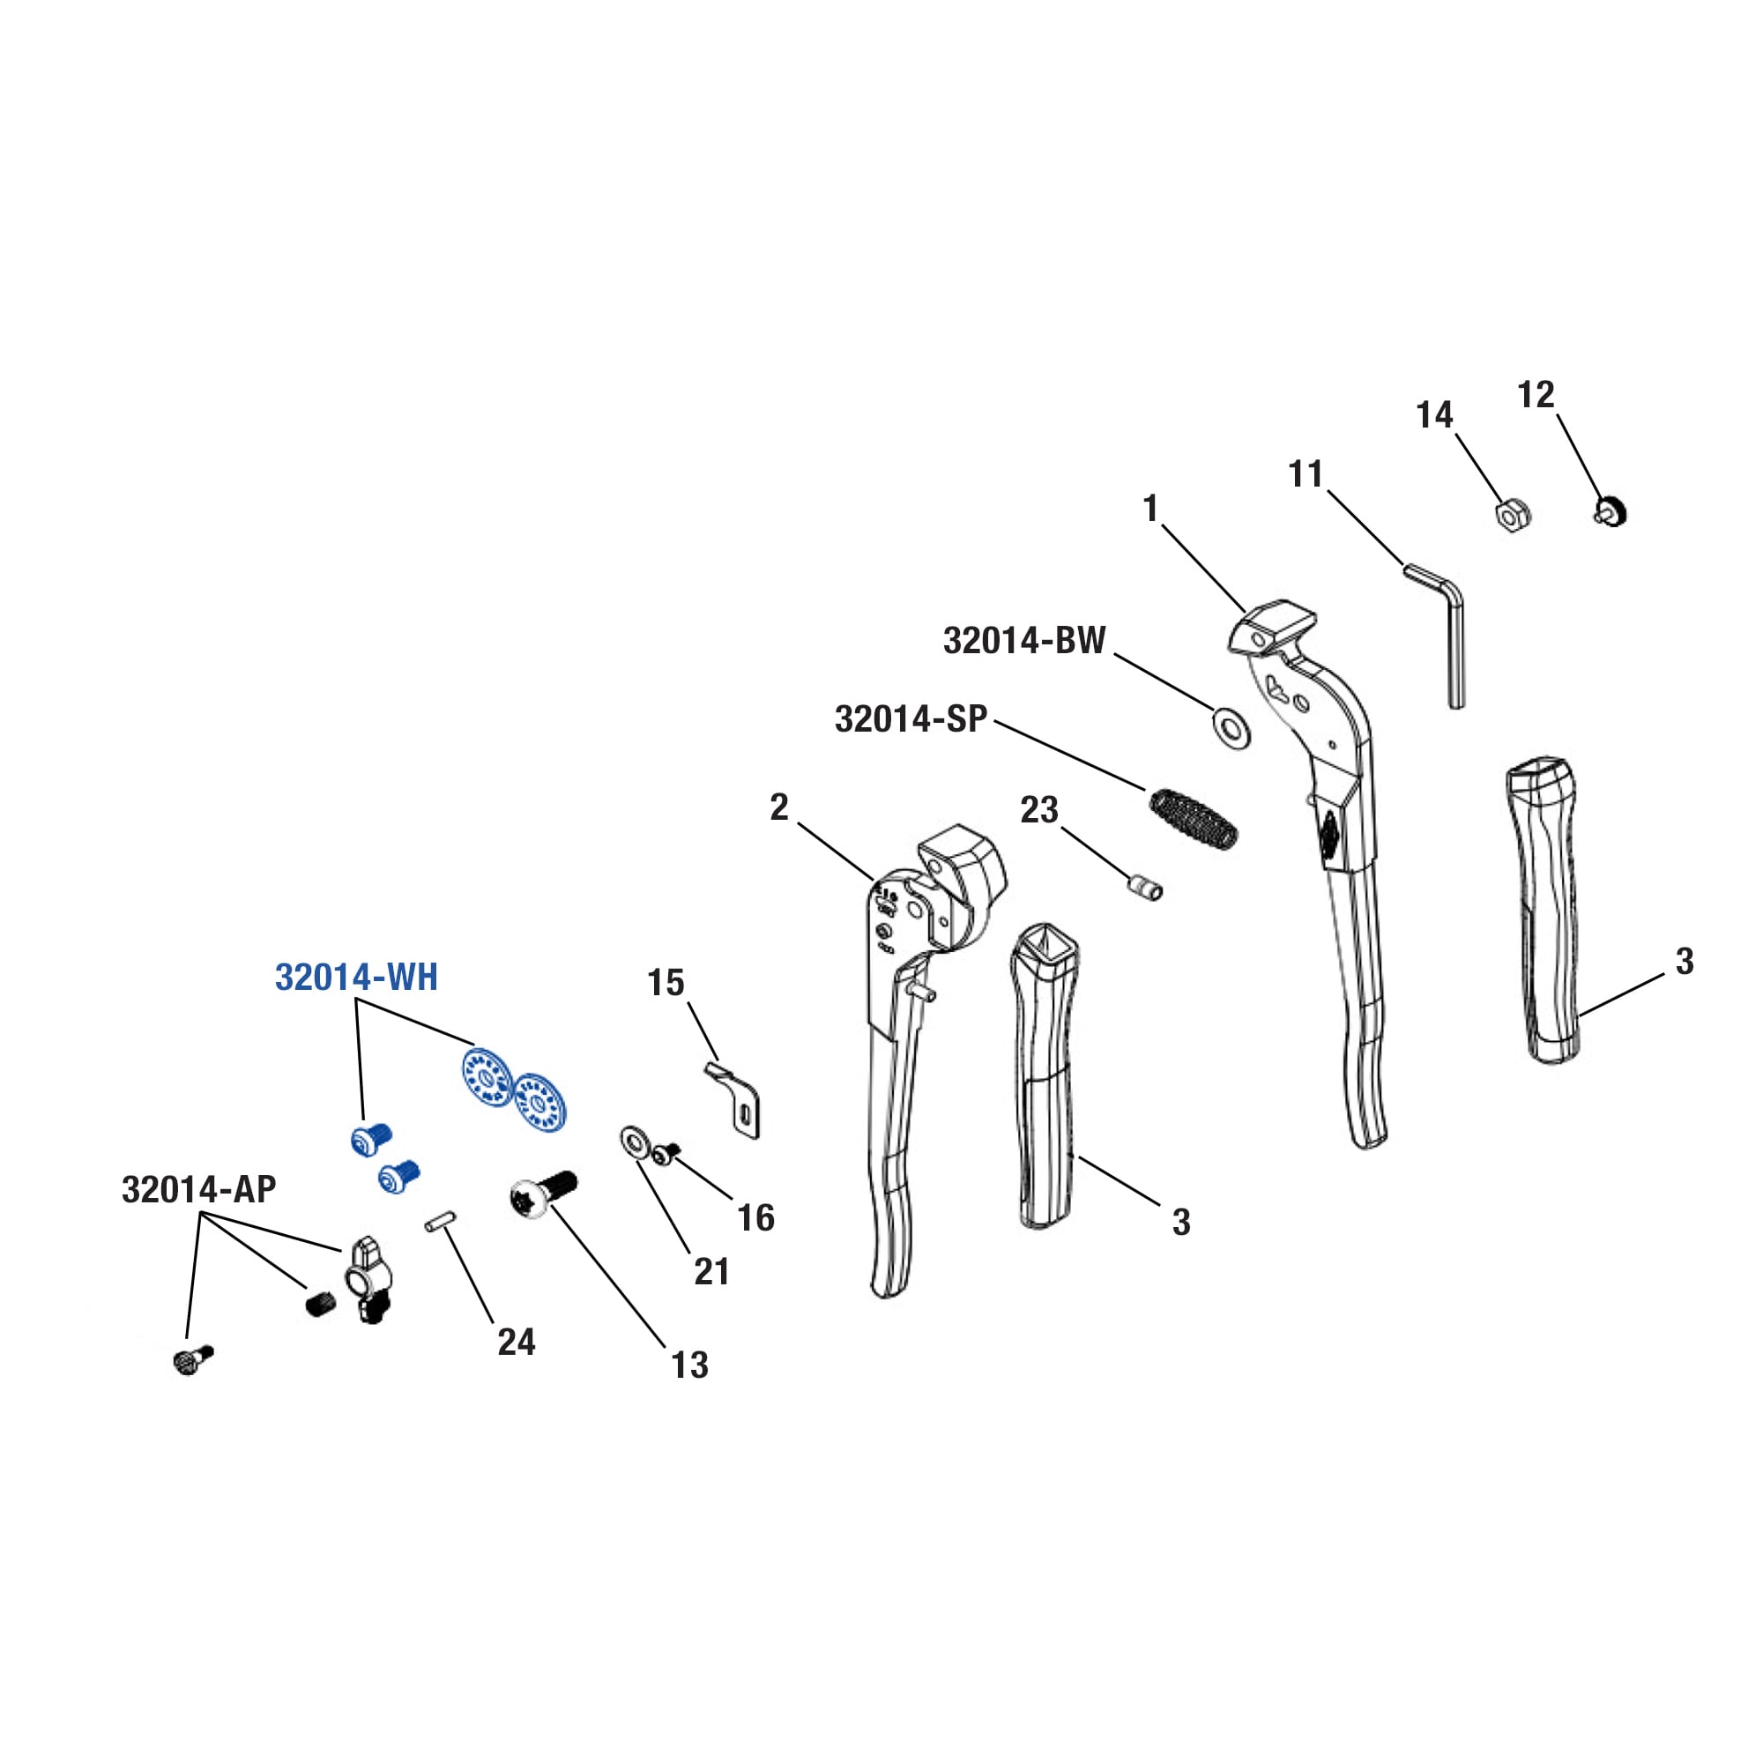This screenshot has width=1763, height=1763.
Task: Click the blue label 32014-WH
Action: pos(357,978)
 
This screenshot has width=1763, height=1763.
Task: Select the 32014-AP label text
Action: pos(199,1190)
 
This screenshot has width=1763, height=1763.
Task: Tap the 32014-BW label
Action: pos(1023,641)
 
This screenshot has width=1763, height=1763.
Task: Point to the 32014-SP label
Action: pos(911,719)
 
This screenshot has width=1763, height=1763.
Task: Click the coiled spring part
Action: pos(1194,819)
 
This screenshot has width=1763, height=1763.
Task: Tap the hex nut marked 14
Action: pos(1512,516)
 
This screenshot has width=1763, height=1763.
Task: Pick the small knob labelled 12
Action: pos(1613,512)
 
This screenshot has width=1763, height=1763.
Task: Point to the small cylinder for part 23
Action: pos(1143,887)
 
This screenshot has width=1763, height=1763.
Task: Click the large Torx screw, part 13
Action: pos(540,1194)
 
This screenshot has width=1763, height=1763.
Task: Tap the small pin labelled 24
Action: pos(440,1221)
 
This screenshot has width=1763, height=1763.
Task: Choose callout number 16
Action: pos(755,1218)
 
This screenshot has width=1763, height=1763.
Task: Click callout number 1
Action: pos(1150,509)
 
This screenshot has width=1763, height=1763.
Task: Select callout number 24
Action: pos(517,1342)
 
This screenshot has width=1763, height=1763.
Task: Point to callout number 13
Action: pos(690,1365)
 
